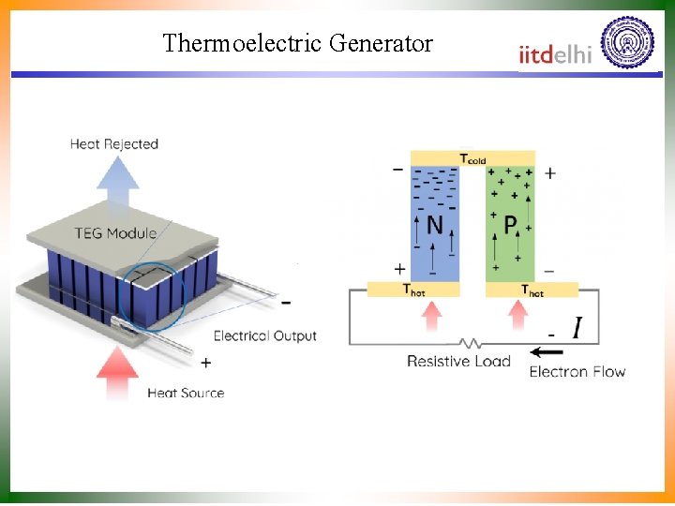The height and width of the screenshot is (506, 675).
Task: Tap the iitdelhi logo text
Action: point(555,54)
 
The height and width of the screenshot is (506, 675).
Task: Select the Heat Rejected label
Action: point(114,144)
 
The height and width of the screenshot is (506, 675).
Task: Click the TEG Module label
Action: point(117,233)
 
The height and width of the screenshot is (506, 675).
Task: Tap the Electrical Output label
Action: point(265,335)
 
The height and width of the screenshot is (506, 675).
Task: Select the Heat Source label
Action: point(186,393)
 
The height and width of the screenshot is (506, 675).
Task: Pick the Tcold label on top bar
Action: point(472,158)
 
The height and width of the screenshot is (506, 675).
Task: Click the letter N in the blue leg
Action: point(435,225)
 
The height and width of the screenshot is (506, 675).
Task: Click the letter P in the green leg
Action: point(511,225)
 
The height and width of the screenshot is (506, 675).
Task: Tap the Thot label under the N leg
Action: point(413,290)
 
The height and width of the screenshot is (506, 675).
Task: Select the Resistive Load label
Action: point(458,362)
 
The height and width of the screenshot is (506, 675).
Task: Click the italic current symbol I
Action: point(576,328)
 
